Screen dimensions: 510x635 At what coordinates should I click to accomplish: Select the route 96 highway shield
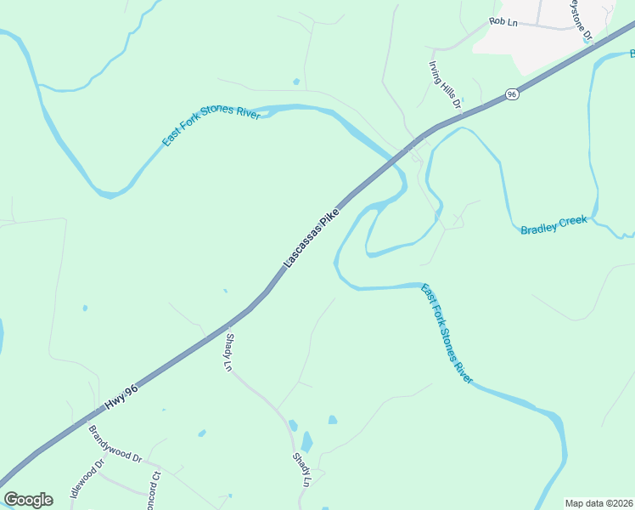[511, 94]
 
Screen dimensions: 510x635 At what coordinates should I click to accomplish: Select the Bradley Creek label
[554, 224]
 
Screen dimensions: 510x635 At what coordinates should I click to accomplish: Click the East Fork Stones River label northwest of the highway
[211, 127]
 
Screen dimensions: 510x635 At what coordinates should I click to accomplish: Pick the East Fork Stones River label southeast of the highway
[447, 333]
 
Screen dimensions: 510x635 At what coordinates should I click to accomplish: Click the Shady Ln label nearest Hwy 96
[228, 350]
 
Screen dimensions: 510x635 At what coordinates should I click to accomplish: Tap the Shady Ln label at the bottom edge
[302, 469]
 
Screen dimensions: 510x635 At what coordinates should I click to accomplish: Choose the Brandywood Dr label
[115, 443]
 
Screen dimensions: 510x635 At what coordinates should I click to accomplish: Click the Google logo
[28, 500]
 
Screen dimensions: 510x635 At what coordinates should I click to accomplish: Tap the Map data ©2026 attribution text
[598, 503]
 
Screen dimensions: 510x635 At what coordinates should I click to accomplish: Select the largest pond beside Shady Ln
[306, 442]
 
